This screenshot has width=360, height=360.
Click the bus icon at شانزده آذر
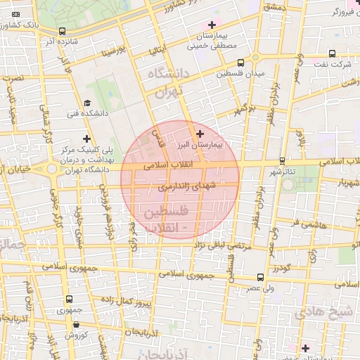tap(63, 31)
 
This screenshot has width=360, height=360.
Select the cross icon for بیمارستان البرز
tap(200, 134)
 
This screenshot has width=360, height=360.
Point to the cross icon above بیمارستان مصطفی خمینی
tap(212, 25)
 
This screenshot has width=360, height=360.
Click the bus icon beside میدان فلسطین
tap(241, 62)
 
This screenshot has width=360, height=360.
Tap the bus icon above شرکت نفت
tap(333, 53)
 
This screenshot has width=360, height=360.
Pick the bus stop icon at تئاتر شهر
tap(282, 161)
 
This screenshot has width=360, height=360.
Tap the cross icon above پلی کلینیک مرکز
tap(86, 139)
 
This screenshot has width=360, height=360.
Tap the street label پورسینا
tap(112, 51)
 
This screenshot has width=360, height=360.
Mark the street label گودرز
tap(281, 268)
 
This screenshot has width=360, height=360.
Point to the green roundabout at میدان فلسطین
tap(255, 58)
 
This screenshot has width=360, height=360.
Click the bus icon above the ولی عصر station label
tap(261, 278)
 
